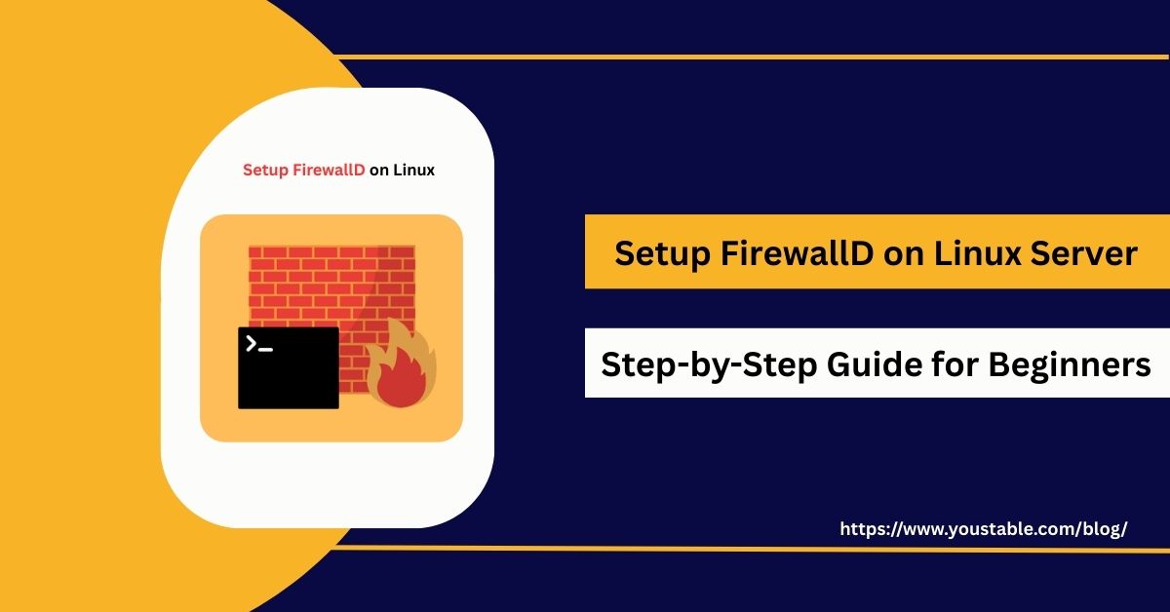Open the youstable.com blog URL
coord(983,529)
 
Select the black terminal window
coord(288,368)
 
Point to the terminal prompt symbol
coord(258,344)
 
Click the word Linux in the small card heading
coord(414,170)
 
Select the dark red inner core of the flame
coord(399,385)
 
